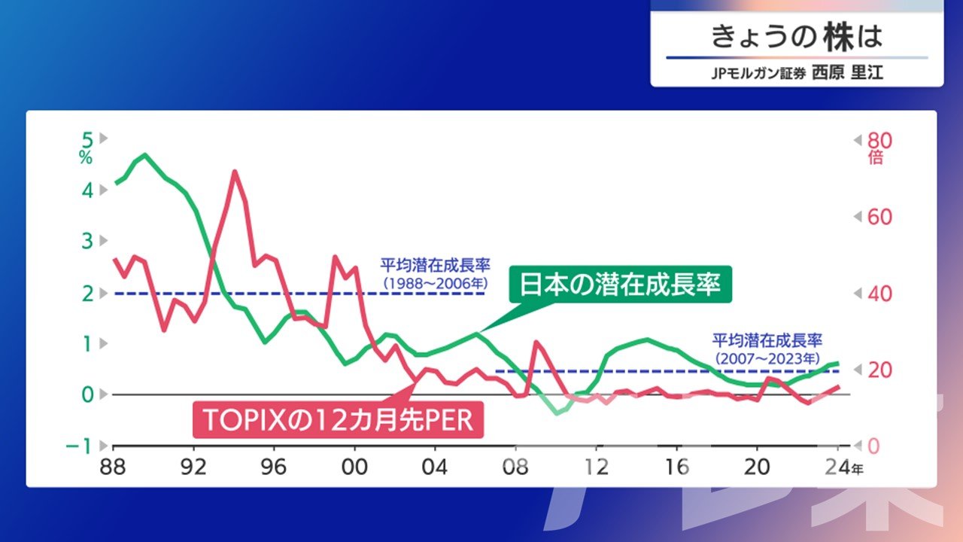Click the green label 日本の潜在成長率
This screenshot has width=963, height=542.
tap(620, 285)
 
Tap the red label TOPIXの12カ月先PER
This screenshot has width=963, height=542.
tap(338, 420)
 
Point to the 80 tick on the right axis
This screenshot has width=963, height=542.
tap(879, 141)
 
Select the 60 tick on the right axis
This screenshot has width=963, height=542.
tap(879, 218)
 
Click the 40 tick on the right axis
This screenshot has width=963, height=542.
tap(879, 294)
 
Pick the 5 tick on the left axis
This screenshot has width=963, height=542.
tap(87, 140)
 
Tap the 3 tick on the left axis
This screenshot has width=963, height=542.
tap(87, 242)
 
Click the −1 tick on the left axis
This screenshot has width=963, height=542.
tap(79, 446)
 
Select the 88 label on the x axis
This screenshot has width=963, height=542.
tap(113, 467)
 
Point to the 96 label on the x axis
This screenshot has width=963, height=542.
tap(273, 467)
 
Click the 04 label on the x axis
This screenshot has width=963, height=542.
tap(435, 467)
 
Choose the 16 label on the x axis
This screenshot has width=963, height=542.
tap(676, 467)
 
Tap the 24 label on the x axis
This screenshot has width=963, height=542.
tap(837, 467)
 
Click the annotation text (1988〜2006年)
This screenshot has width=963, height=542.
tap(436, 284)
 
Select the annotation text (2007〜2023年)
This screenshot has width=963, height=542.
tap(767, 359)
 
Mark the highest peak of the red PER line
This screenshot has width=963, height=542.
tap(234, 171)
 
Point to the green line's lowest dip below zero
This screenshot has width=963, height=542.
tap(557, 414)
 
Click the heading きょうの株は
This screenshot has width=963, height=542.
tap(797, 37)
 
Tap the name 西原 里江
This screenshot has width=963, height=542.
tap(847, 72)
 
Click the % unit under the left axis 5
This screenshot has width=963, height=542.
tap(86, 158)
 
